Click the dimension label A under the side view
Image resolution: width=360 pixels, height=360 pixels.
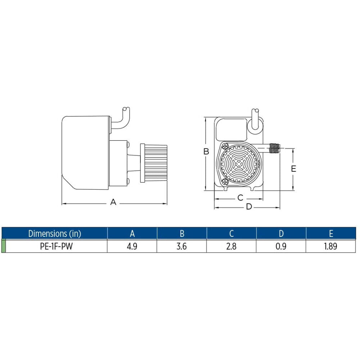tap(113, 202)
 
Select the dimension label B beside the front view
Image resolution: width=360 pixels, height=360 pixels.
tap(206, 152)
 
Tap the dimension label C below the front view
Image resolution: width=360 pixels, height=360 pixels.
tap(240, 198)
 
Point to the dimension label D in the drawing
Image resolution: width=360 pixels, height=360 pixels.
tap(249, 207)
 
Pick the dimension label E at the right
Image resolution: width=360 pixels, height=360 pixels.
tap(293, 168)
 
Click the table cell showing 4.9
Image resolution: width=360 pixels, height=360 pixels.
tap(132, 247)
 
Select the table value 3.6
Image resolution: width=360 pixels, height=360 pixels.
tap(182, 247)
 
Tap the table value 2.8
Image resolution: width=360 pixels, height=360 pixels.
tap(231, 247)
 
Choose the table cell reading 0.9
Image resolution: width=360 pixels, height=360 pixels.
tap(281, 247)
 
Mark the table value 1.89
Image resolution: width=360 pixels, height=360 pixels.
tap(331, 247)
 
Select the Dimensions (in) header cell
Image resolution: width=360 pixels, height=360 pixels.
tap(55, 233)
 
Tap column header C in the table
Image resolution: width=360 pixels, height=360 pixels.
tap(231, 233)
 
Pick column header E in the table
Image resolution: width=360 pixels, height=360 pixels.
tap(331, 233)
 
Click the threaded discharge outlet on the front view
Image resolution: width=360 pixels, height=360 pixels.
tap(275, 147)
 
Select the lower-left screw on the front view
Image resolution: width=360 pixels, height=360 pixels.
tap(225, 182)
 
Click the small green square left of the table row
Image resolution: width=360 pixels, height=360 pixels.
tap(4, 246)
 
